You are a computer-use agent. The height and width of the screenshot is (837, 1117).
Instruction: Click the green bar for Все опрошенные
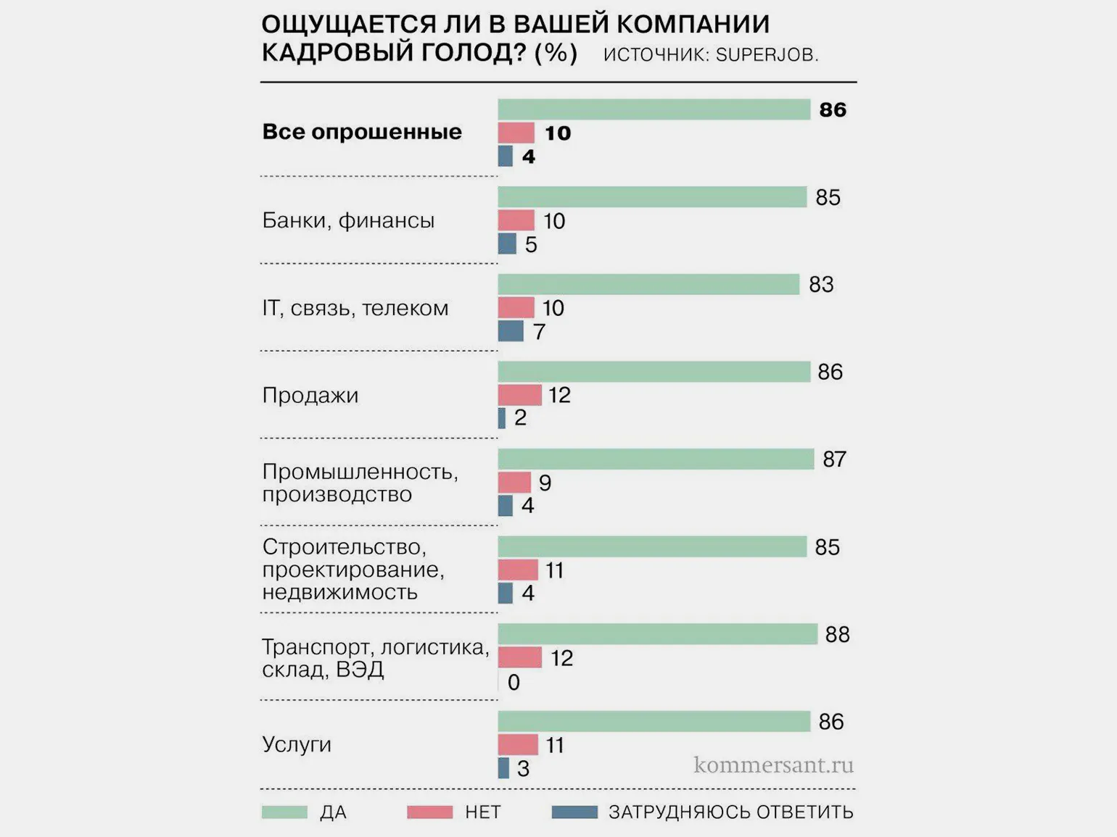pyautogui.click(x=654, y=109)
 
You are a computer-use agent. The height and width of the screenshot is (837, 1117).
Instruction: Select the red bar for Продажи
pyautogui.click(x=519, y=395)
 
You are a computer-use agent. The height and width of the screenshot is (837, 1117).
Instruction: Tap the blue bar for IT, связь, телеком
pyautogui.click(x=511, y=331)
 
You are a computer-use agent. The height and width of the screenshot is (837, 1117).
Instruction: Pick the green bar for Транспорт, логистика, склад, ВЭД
pyautogui.click(x=657, y=634)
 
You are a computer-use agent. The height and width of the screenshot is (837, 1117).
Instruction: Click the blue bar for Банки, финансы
pyautogui.click(x=507, y=243)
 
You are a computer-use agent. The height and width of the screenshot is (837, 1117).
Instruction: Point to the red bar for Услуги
pyautogui.click(x=518, y=744)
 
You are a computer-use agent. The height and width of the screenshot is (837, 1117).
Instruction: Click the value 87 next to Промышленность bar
pyautogui.click(x=834, y=459)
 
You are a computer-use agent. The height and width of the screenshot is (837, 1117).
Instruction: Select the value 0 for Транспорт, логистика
pyautogui.click(x=514, y=682)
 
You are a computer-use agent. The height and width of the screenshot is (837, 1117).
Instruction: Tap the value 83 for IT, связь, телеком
pyautogui.click(x=821, y=285)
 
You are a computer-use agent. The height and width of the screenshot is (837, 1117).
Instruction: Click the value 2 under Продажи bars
pyautogui.click(x=520, y=418)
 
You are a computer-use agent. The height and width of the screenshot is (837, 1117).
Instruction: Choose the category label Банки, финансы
pyautogui.click(x=348, y=220)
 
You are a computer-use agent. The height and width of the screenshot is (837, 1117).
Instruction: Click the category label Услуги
pyautogui.click(x=297, y=744)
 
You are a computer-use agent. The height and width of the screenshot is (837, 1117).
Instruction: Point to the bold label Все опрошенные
pyautogui.click(x=362, y=132)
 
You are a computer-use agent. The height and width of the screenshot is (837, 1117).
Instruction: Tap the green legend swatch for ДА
pyautogui.click(x=284, y=812)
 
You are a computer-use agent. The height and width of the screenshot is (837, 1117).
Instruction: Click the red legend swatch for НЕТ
pyautogui.click(x=429, y=812)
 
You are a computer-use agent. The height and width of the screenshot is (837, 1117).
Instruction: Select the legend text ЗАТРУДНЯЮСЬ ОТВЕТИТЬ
pyautogui.click(x=730, y=812)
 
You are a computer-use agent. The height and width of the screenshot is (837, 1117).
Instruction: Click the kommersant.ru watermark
pyautogui.click(x=773, y=765)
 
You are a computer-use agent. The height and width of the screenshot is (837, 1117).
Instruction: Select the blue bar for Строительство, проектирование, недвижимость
pyautogui.click(x=506, y=593)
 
